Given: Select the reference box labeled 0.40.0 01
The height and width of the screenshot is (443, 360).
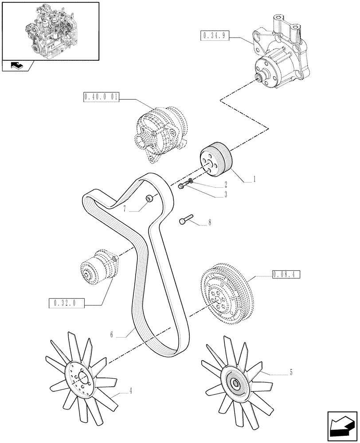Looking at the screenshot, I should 101,97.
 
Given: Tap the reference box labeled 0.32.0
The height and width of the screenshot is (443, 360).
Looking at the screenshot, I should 65,303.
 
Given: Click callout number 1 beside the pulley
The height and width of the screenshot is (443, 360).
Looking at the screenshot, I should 254,180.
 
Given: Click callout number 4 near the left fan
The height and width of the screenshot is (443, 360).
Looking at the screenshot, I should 131,391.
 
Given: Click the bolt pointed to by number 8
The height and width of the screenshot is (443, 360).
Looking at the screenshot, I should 186,220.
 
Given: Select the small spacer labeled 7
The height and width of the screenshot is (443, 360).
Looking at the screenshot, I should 150,198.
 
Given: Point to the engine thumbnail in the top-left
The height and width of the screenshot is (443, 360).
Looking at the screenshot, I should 50,31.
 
